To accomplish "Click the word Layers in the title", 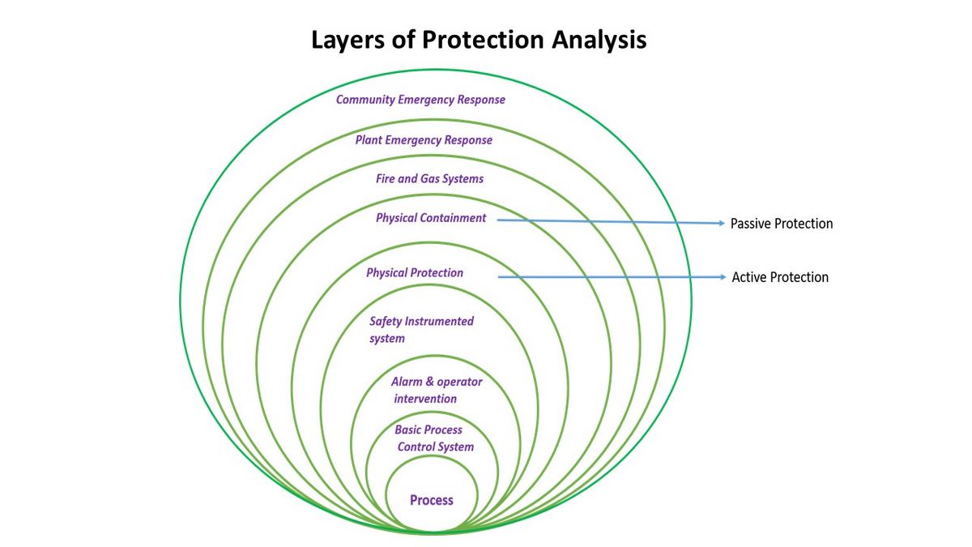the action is (x=348, y=41).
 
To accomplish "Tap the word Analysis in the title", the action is (x=599, y=40).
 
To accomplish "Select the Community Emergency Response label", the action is (x=420, y=100).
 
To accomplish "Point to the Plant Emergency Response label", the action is (x=424, y=140).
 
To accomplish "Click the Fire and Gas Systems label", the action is (x=429, y=179).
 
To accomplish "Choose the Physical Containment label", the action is (x=431, y=218).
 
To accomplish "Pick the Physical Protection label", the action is (x=415, y=272).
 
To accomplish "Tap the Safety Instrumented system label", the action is (x=421, y=330).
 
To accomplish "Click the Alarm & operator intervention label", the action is (x=437, y=390).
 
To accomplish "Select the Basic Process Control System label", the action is (x=434, y=438).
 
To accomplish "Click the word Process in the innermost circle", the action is (x=431, y=500).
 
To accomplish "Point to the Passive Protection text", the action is (x=782, y=224).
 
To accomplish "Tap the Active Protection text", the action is (x=780, y=277).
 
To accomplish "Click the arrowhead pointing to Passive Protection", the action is (x=722, y=223).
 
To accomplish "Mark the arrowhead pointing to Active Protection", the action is (x=723, y=277).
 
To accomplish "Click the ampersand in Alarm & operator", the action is (x=429, y=382).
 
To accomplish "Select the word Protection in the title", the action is (x=483, y=40).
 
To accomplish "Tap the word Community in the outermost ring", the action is (x=365, y=100).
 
